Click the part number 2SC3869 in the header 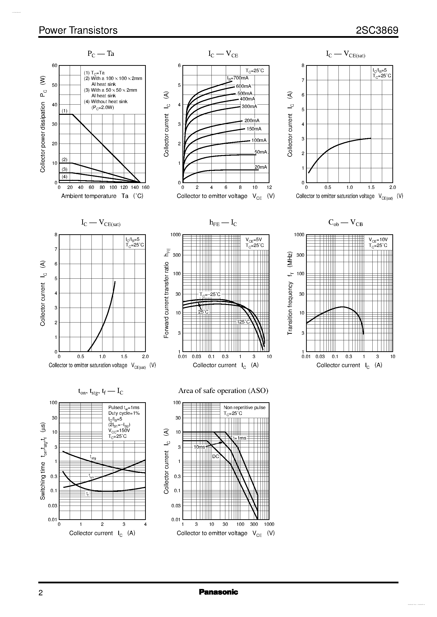point(377,30)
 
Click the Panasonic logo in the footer point(218,592)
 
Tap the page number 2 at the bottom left point(41,593)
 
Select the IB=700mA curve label point(238,78)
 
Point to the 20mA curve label point(260,167)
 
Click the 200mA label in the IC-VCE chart point(252,120)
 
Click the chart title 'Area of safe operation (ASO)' point(223,391)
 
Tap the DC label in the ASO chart point(216,456)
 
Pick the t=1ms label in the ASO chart point(239,438)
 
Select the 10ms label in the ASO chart point(199,447)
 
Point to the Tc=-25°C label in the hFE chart point(210,294)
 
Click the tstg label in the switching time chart point(93,457)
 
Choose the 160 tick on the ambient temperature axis point(145,187)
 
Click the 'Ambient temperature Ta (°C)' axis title point(102,196)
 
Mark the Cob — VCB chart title point(345,222)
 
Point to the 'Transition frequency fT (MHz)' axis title point(290,293)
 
